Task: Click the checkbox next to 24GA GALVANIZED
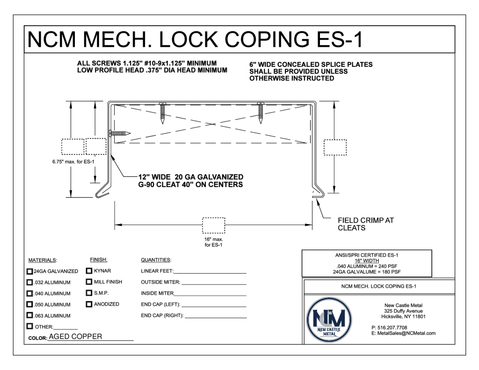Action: click(30, 271)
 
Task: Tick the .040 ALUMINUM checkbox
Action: click(30, 294)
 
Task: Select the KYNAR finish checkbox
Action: click(89, 271)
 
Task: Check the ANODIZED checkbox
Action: click(89, 305)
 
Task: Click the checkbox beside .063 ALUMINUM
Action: click(30, 316)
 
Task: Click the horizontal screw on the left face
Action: click(119, 133)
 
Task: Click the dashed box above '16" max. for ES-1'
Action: click(213, 225)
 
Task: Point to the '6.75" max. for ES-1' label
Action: click(73, 162)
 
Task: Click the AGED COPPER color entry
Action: click(75, 337)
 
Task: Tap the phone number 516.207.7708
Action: click(392, 327)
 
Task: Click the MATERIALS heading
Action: click(43, 260)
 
